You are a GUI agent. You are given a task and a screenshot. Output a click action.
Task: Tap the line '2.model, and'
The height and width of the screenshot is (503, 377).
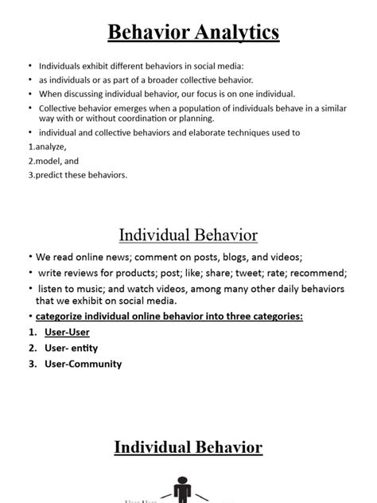click(x=50, y=161)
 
